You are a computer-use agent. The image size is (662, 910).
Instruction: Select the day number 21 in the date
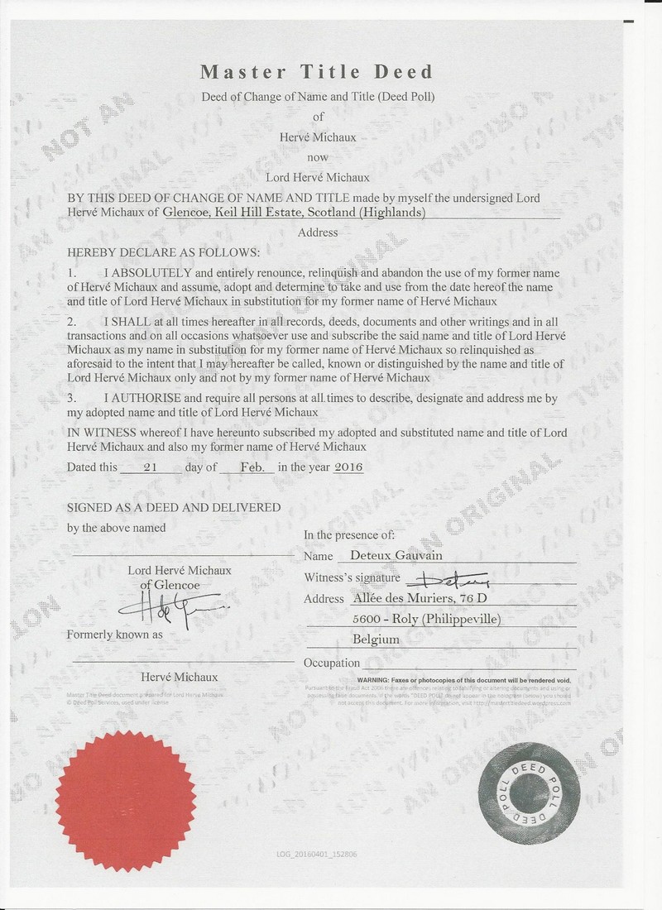pos(151,467)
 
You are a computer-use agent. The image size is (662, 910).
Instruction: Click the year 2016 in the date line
pos(348,467)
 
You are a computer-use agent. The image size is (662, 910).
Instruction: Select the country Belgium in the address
pos(376,639)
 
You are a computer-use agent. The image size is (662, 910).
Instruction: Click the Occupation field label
pos(332,663)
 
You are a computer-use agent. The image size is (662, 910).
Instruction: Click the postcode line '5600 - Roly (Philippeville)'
pos(426,619)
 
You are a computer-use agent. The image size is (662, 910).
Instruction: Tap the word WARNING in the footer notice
pos(353,678)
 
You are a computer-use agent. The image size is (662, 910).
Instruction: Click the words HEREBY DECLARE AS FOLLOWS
pos(163,251)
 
